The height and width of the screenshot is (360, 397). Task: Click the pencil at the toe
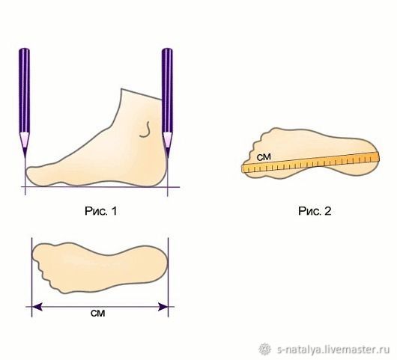click(x=24, y=101)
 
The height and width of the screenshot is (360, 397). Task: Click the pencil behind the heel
click(x=167, y=101)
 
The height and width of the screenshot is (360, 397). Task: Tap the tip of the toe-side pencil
click(x=25, y=158)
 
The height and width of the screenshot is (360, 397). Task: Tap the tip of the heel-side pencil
click(x=168, y=158)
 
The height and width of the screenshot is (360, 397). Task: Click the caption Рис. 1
click(x=101, y=211)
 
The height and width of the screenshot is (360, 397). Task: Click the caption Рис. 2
click(x=315, y=211)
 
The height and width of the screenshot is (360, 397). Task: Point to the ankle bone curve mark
click(x=145, y=129)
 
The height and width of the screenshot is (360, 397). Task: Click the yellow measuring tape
click(x=310, y=162)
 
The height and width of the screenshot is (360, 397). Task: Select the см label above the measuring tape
click(x=264, y=157)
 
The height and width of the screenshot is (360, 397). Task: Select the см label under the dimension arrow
click(x=97, y=313)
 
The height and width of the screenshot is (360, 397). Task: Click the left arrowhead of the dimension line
click(x=37, y=307)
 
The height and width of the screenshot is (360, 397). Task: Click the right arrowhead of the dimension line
click(x=163, y=307)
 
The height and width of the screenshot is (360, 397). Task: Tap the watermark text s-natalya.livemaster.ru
click(x=333, y=350)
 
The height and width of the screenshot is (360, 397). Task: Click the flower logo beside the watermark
click(x=265, y=349)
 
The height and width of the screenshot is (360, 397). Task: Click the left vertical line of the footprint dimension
click(x=31, y=277)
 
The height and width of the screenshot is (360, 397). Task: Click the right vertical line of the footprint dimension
click(x=168, y=277)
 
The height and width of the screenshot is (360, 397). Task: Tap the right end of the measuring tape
click(x=378, y=156)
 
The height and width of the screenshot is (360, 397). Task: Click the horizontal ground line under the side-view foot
click(x=100, y=187)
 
